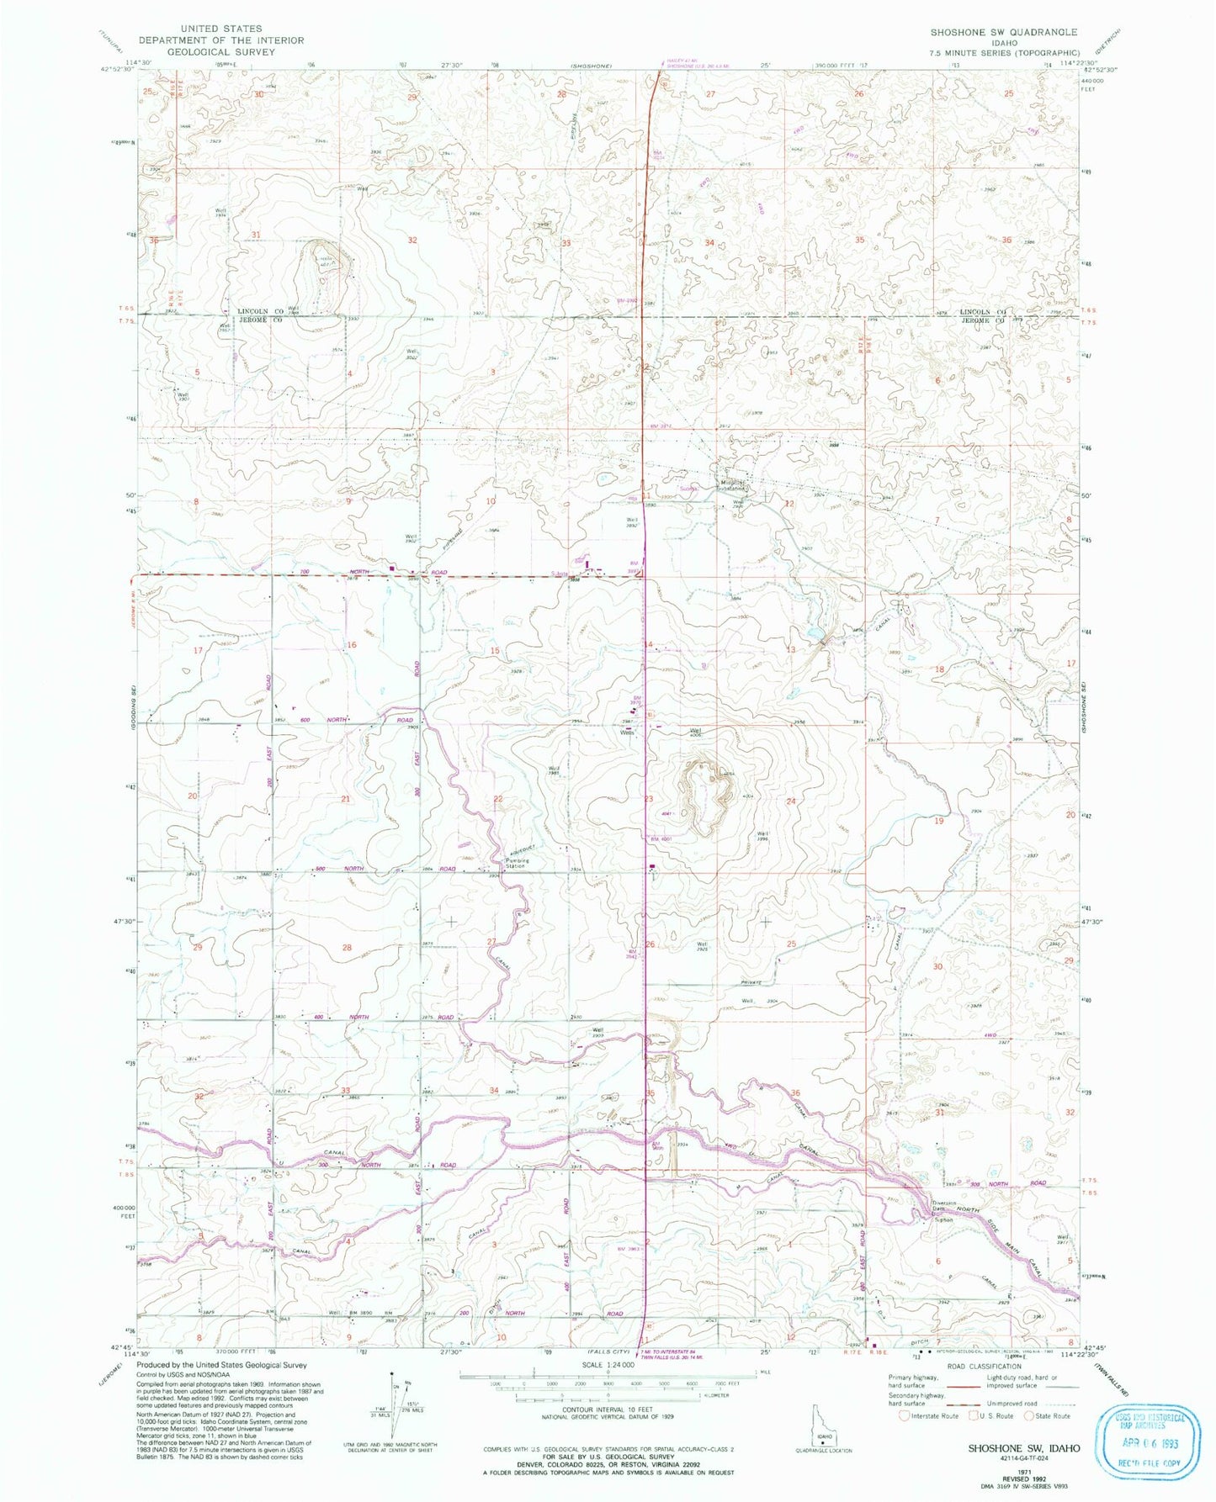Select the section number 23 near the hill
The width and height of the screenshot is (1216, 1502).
(649, 798)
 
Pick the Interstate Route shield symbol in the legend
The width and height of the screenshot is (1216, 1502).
(904, 1415)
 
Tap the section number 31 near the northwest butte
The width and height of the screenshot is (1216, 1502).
(256, 234)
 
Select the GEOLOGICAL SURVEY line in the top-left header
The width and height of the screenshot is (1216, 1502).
(221, 51)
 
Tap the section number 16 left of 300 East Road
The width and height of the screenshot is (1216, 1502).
(352, 644)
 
